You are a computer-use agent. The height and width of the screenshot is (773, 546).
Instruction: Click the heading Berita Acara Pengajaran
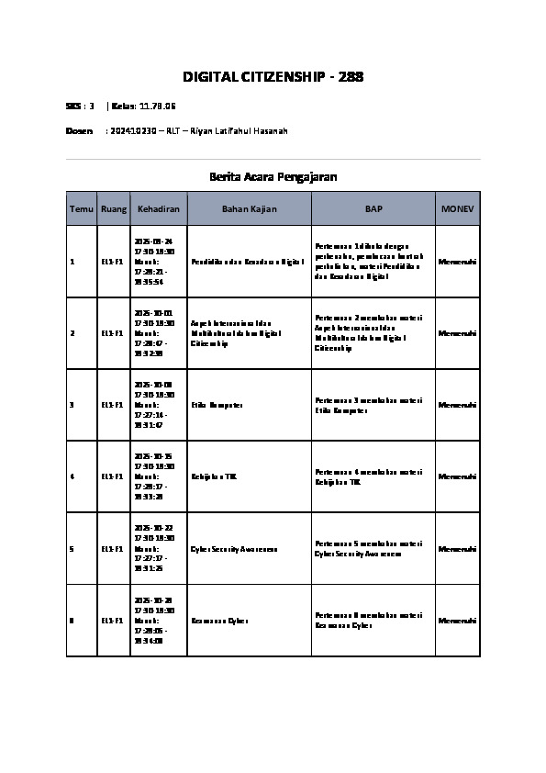pyautogui.click(x=273, y=176)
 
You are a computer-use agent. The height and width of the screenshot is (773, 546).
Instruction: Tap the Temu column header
pyautogui.click(x=81, y=209)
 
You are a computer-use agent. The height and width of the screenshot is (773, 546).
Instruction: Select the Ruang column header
pyautogui.click(x=114, y=209)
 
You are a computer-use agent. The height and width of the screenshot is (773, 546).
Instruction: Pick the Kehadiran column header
pyautogui.click(x=159, y=209)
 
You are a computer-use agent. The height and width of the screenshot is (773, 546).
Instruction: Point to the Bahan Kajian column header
pyautogui.click(x=250, y=209)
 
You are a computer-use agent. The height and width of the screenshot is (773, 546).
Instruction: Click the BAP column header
pyautogui.click(x=373, y=209)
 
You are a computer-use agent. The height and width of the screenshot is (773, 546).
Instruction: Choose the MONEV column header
pyautogui.click(x=457, y=209)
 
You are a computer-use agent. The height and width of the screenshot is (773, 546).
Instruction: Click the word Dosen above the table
pyautogui.click(x=79, y=131)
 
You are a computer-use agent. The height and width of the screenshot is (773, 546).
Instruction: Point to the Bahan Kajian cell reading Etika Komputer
pyautogui.click(x=217, y=405)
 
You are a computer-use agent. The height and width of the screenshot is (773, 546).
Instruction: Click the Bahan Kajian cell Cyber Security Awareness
pyautogui.click(x=234, y=549)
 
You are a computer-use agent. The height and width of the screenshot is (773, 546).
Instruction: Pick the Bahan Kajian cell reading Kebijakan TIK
pyautogui.click(x=214, y=477)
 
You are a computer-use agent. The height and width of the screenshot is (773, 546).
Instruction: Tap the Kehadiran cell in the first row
pyautogui.click(x=153, y=262)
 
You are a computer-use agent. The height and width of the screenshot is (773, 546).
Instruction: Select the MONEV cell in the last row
pyautogui.click(x=457, y=621)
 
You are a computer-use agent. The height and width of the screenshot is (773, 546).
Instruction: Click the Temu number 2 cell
pyautogui.click(x=72, y=333)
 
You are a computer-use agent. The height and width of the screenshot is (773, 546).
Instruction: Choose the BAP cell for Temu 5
pyautogui.click(x=369, y=549)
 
